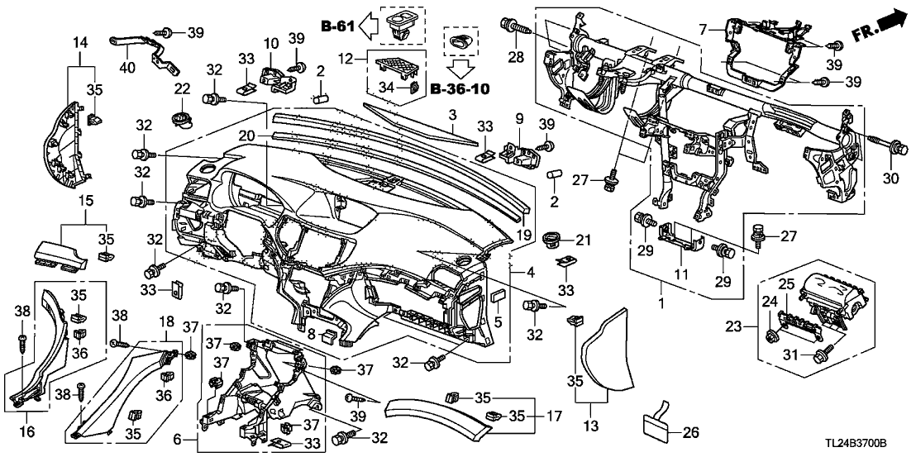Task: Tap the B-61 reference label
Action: coord(339,27)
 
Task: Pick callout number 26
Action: coord(693,431)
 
